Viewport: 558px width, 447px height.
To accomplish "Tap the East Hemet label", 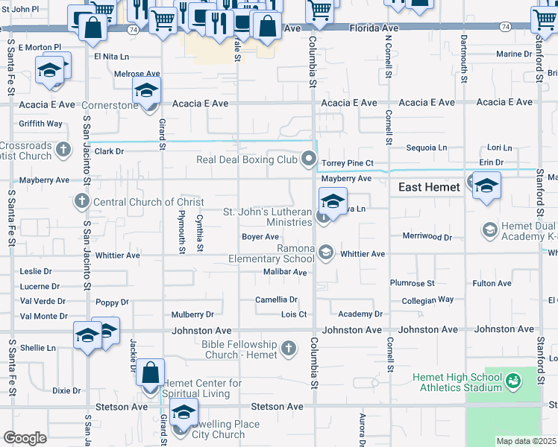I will tap(429, 187).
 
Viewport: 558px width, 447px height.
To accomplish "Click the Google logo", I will tap(25, 438).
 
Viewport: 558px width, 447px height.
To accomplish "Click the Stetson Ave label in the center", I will tap(277, 407).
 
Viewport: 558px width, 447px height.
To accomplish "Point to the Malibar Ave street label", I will tap(285, 273).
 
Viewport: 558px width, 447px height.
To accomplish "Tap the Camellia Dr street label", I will tap(276, 299).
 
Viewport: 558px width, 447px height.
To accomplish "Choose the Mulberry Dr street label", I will tap(192, 314).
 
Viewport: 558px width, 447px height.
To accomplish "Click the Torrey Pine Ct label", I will tap(347, 162).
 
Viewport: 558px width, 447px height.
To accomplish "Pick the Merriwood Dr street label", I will tap(427, 237).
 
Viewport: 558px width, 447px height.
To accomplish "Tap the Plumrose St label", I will tap(412, 283).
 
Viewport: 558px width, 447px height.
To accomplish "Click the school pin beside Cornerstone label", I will tap(147, 91).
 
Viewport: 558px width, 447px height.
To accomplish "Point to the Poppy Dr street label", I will tap(112, 302).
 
